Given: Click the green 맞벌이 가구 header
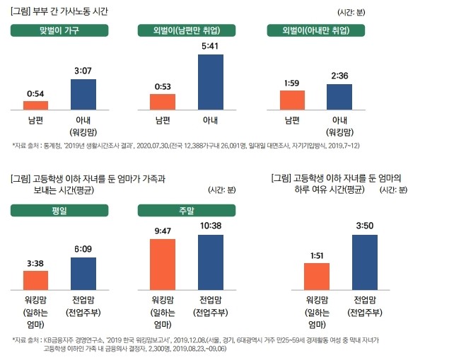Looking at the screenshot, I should [x=59, y=30].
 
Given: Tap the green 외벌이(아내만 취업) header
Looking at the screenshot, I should [x=316, y=30].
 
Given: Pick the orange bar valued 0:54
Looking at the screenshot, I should [x=35, y=105].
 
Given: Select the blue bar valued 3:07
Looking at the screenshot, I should [x=83, y=95].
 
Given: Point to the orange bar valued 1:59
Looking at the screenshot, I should [x=291, y=100].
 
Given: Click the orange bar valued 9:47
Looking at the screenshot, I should [x=163, y=265].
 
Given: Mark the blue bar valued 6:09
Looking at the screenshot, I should [x=83, y=274].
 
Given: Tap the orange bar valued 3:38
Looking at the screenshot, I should [x=35, y=280].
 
